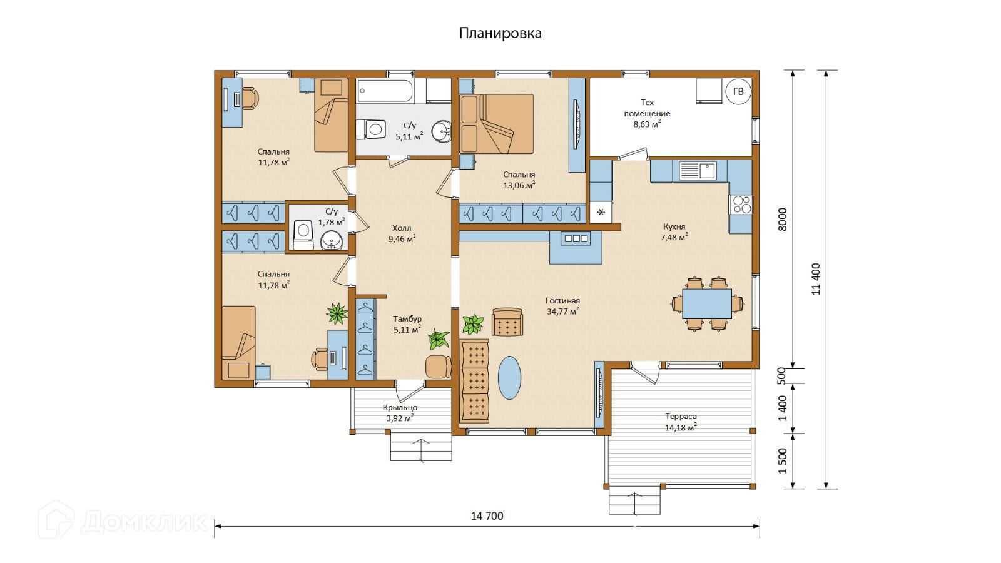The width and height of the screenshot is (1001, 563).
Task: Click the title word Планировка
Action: click(x=500, y=34)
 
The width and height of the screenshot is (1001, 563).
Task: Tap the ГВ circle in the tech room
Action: click(x=738, y=91)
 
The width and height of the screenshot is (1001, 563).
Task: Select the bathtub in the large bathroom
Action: click(x=385, y=91)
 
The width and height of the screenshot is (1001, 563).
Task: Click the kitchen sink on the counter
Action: click(x=698, y=171)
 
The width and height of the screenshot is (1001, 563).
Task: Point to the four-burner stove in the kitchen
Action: click(x=741, y=205)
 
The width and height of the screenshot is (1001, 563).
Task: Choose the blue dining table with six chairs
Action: click(x=707, y=304)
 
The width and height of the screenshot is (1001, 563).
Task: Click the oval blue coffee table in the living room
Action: click(x=509, y=378)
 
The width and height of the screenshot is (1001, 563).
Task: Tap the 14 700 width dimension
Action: click(x=487, y=516)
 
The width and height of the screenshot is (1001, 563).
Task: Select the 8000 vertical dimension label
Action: click(x=783, y=220)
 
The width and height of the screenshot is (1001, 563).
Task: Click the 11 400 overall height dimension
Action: click(x=816, y=279)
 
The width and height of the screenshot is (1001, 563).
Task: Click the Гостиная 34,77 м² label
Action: click(x=562, y=306)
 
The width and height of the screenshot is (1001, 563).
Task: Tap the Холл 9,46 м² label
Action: click(x=402, y=234)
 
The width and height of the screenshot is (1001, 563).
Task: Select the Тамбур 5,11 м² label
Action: click(x=407, y=325)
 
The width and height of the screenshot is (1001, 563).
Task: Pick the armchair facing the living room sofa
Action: click(x=507, y=322)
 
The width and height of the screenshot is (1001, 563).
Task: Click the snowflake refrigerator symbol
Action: click(x=601, y=212)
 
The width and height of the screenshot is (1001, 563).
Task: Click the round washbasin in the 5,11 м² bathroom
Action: click(x=442, y=131)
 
